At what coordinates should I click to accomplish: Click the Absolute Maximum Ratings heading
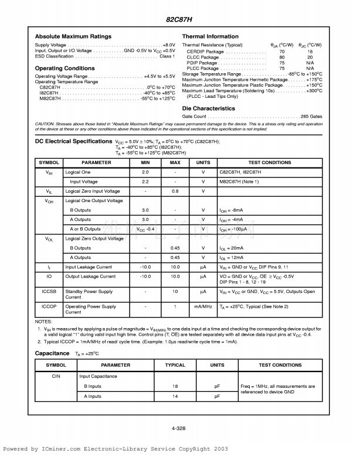pos(73,37)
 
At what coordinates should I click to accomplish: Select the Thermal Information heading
pos(210,37)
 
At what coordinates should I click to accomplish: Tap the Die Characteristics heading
pos(209,108)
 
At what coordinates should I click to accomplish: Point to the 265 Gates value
pos(311,117)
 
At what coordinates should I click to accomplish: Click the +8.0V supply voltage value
pos(168,45)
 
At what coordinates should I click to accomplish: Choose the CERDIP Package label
pos(205,52)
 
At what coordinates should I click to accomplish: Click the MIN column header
pos(145,162)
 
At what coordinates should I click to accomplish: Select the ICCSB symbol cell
pos(49,291)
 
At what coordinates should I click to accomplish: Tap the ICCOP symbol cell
pos(49,306)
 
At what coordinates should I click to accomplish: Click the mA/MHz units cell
pos(203,306)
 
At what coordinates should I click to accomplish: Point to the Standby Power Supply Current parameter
pos(89,294)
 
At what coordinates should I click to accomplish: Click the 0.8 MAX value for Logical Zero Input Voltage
pos(175,191)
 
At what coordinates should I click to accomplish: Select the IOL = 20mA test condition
pos(232,248)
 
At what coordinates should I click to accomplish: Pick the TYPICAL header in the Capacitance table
pos(175,365)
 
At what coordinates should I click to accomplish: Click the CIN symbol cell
pos(56,376)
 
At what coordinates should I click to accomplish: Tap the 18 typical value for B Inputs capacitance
pos(175,387)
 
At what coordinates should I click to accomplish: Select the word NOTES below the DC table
pos(44,322)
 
